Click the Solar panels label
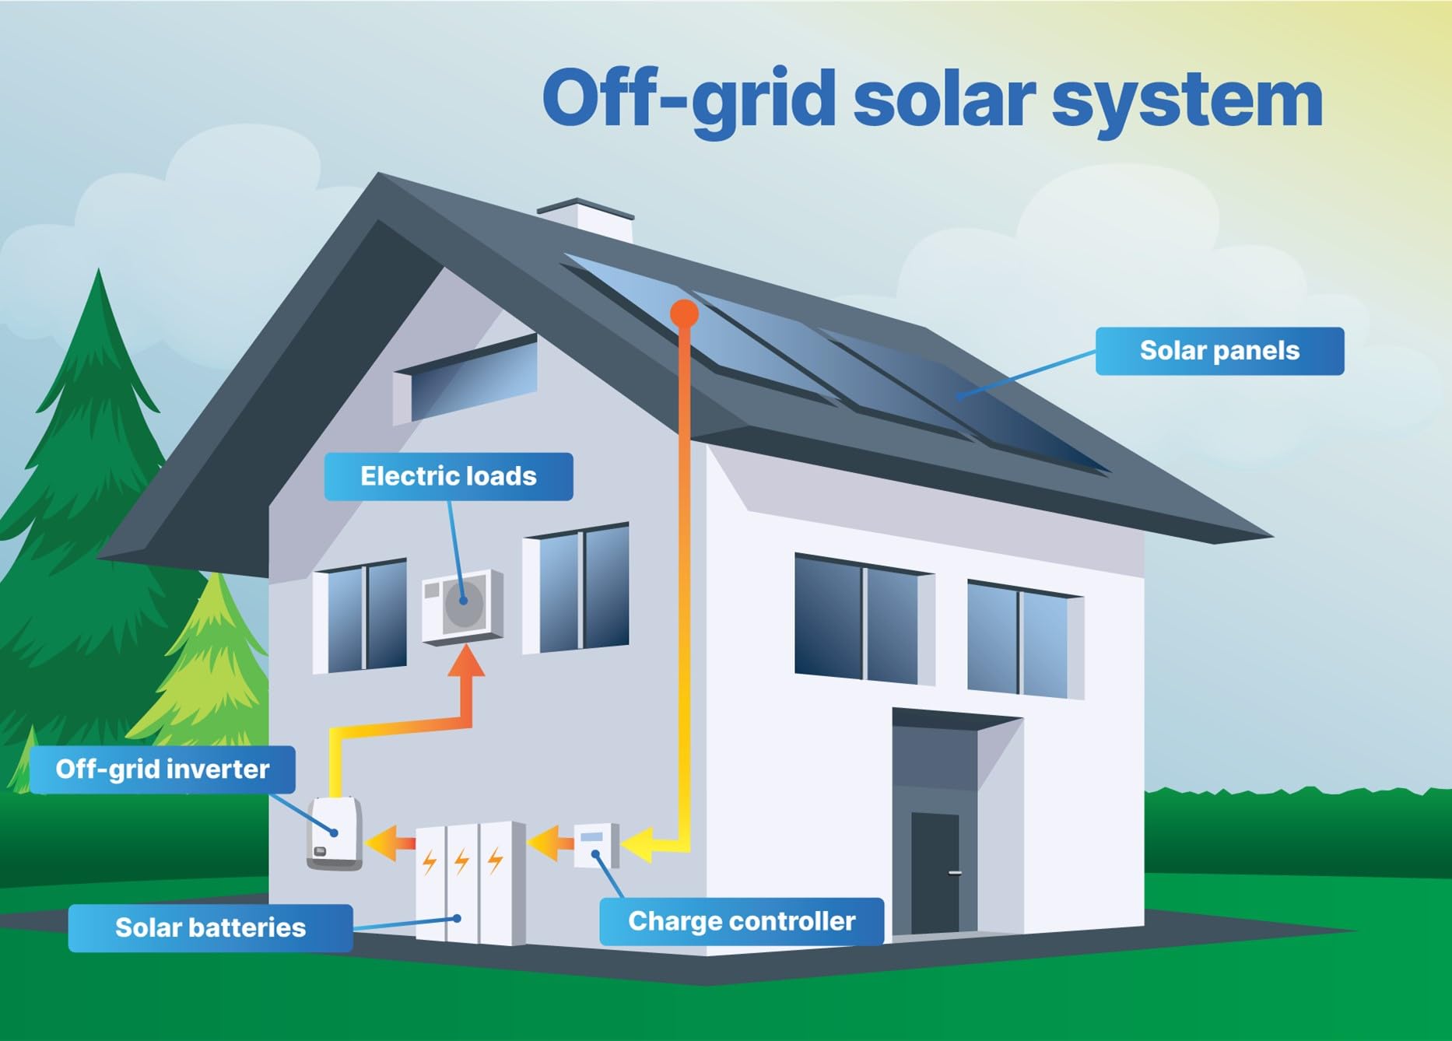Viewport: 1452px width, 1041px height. tap(1219, 351)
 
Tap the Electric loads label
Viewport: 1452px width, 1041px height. tap(448, 476)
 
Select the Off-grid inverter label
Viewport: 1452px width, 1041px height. tap(162, 769)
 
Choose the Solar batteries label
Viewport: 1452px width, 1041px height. tap(210, 927)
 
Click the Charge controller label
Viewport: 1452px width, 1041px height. tap(742, 921)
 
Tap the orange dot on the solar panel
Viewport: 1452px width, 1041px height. tap(684, 313)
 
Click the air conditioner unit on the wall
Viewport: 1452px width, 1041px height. tap(462, 606)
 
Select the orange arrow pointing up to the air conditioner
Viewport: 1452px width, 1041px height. tap(466, 677)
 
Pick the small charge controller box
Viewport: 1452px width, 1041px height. tap(595, 845)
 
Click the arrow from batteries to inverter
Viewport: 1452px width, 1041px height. tap(391, 843)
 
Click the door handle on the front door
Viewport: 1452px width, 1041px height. tap(955, 873)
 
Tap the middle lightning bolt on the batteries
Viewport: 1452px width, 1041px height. tap(462, 861)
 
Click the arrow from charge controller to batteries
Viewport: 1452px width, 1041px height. tap(552, 843)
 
